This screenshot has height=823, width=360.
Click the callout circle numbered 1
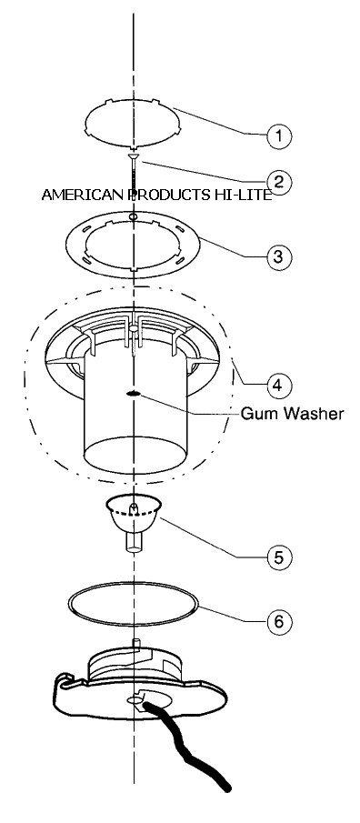point(279,135)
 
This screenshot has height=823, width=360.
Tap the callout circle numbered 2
point(279,181)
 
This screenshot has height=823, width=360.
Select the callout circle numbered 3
point(279,256)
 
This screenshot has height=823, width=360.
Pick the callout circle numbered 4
point(279,385)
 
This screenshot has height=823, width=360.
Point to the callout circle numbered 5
point(279,557)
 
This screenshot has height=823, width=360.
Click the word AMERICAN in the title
point(84,195)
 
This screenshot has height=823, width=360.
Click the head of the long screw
point(135,156)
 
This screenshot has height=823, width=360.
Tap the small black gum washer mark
point(135,394)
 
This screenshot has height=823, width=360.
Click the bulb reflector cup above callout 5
point(134,515)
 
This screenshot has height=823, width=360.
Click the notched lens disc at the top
point(134,123)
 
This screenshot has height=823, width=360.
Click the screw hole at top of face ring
point(134,216)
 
